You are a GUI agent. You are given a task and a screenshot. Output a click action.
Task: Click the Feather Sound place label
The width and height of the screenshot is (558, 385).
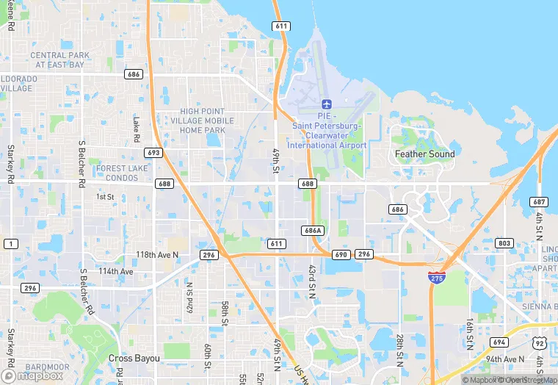pos(424,154)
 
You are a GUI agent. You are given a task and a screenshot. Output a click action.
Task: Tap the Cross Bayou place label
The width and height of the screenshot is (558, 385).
pos(134,358)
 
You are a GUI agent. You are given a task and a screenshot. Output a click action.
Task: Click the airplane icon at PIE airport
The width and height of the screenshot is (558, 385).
pos(327,103)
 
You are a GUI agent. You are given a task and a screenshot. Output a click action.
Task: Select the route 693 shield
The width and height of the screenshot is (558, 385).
pos(153,153)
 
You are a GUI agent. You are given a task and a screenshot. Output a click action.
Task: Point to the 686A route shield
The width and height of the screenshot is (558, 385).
pos(312,230)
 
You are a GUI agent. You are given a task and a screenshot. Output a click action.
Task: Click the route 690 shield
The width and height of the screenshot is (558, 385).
pos(340,254)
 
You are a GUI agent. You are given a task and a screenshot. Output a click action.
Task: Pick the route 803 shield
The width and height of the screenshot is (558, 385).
pos(504,243)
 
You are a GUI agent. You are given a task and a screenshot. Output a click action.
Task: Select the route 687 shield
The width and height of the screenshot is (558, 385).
pos(540,202)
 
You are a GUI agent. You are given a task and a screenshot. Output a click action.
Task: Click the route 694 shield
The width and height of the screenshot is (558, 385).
pos(499,342)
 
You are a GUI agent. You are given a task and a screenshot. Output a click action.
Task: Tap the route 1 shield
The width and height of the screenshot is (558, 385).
pos(10,243)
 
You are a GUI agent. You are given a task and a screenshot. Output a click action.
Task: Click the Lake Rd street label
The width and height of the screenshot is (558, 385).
pos(136,129)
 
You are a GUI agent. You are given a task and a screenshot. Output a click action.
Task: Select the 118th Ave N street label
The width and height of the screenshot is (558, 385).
pos(157,254)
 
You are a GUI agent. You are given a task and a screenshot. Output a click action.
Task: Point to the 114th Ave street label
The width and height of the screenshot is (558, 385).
pos(117,271)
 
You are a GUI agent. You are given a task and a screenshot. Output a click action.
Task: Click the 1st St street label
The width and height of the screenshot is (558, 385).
pos(105,197)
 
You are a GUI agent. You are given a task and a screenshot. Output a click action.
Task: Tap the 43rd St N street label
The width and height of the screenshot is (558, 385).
pos(311,281)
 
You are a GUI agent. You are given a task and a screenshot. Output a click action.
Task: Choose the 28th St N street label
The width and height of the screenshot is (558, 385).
pos(400,347)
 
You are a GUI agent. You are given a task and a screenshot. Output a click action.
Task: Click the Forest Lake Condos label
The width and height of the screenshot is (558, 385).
pos(122,172)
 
